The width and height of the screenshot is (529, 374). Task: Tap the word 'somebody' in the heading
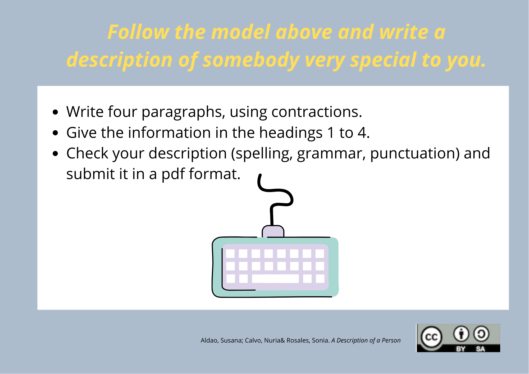(251, 60)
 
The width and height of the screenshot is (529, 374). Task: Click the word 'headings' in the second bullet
(291, 133)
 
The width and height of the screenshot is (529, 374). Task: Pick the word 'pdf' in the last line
(173, 174)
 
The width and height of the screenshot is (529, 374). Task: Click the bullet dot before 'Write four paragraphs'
(55, 112)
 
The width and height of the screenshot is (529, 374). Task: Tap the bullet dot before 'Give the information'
(55, 133)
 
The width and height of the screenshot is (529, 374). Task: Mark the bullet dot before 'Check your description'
(55, 154)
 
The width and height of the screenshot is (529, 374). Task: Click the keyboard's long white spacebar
(275, 279)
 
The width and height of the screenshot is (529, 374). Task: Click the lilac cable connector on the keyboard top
(273, 231)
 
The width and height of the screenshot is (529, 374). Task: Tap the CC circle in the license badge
(431, 337)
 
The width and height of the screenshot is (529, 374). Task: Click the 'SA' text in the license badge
(480, 349)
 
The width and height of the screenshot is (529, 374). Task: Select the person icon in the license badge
(461, 334)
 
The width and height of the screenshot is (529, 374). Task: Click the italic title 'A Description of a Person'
(366, 340)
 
